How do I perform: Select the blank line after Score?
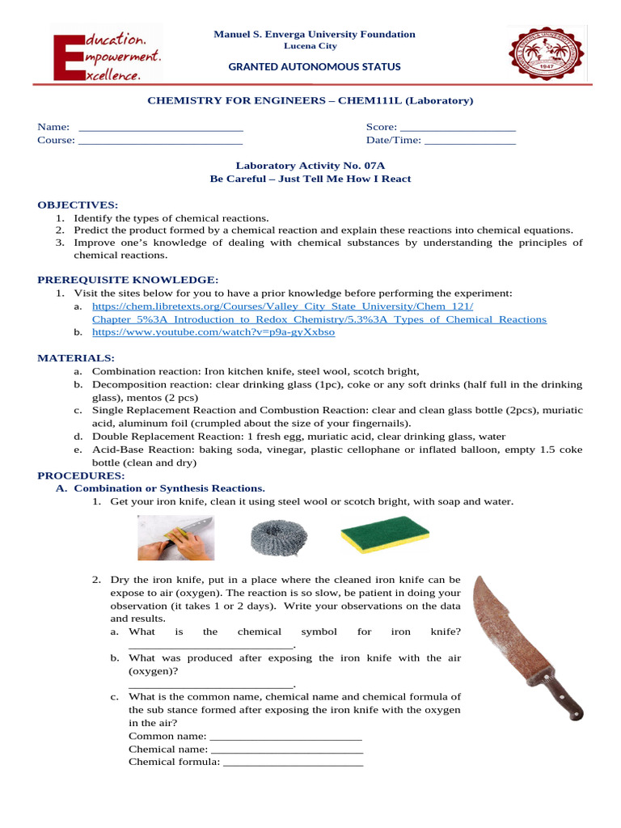click(x=458, y=128)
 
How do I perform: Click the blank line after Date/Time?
click(x=470, y=141)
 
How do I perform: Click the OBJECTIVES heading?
click(x=78, y=205)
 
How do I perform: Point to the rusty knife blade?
click(x=506, y=623)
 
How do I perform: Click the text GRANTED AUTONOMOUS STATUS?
click(x=314, y=67)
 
